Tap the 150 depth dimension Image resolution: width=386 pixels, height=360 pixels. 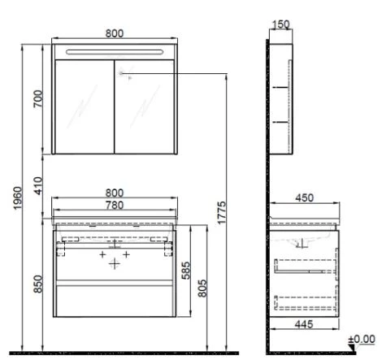click(281, 24)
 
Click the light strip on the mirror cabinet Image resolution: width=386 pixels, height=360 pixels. click(114, 53)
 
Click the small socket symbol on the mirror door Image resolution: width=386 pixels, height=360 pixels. click(120, 74)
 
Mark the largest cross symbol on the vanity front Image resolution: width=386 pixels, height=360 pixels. click(115, 264)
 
